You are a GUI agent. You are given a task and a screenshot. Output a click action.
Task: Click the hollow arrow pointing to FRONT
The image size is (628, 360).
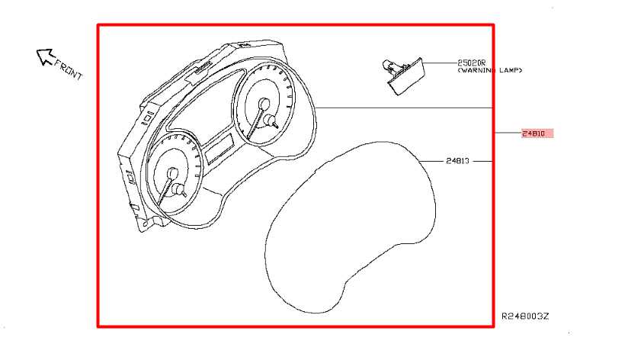click(45, 56)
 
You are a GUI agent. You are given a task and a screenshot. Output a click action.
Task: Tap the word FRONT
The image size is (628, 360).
click(68, 69)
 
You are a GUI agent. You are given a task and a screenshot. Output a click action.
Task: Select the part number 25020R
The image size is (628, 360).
click(472, 63)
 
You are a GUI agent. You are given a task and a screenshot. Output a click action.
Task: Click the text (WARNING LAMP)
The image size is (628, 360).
click(490, 71)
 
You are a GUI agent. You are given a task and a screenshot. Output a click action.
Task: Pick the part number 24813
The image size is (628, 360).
click(457, 161)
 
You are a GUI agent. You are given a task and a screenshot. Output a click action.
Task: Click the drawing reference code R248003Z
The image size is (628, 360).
click(525, 317)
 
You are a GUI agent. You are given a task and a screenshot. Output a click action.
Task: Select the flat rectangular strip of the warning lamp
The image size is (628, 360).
click(405, 76)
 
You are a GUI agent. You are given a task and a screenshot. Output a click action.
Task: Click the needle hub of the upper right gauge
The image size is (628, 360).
click(264, 104)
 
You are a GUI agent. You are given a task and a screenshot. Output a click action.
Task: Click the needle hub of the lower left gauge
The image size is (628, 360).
click(172, 173)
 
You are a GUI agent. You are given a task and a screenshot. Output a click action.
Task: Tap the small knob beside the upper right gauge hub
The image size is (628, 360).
click(271, 121)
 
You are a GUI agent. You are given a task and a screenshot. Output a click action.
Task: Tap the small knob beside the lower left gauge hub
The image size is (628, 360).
click(179, 190)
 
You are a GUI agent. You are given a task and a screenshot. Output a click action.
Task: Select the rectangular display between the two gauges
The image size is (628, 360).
click(220, 149)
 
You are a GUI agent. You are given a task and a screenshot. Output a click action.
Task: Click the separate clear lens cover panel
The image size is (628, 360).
click(350, 227)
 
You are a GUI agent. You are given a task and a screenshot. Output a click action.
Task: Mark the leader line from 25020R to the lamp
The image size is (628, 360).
click(441, 63)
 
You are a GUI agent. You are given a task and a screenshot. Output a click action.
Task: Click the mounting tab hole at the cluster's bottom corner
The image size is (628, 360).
click(146, 223)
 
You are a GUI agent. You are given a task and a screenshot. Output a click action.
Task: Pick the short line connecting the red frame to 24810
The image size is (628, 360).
click(508, 133)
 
